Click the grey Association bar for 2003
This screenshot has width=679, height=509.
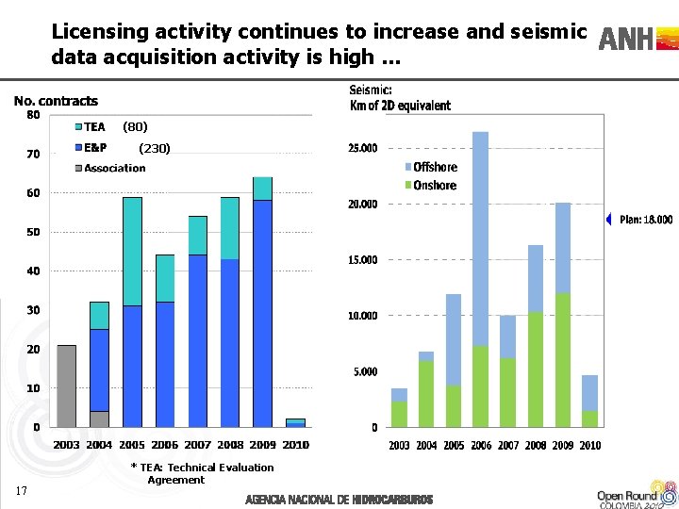click(66, 386)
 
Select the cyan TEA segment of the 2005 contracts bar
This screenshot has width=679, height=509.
click(132, 251)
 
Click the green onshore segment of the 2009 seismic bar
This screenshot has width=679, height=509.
click(563, 360)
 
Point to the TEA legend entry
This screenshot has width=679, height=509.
click(90, 126)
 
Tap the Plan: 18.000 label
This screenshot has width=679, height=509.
click(646, 220)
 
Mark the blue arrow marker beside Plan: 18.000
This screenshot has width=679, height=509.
click(608, 220)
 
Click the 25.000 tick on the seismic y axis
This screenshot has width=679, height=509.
click(363, 148)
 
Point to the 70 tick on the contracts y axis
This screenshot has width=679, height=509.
click(33, 154)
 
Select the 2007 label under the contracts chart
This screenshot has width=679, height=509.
click(197, 445)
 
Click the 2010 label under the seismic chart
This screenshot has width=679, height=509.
click(590, 445)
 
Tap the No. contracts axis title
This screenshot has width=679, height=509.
click(56, 101)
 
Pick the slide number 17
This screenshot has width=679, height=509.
click(22, 489)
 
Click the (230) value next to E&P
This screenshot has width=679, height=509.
click(155, 148)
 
